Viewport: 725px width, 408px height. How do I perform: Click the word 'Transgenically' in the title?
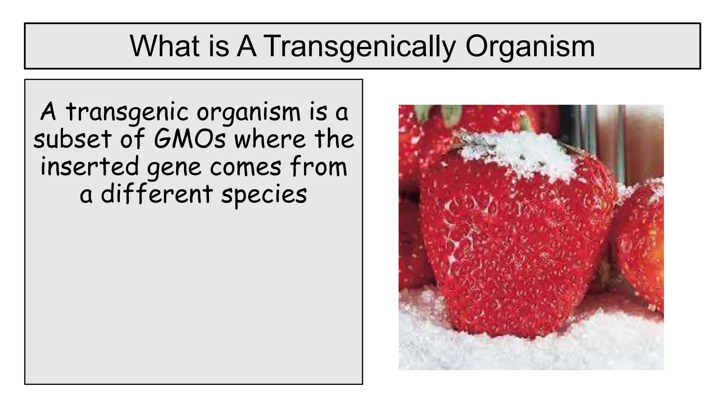[x=359, y=46]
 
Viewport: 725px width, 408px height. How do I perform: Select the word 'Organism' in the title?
[x=530, y=46]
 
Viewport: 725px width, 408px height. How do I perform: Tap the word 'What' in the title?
[x=165, y=46]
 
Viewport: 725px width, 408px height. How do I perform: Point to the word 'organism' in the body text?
[x=249, y=112]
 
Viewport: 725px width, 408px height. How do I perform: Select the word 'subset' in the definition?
[x=73, y=139]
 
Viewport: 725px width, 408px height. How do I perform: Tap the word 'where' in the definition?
[x=270, y=139]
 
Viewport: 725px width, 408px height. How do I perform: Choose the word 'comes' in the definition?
[x=246, y=167]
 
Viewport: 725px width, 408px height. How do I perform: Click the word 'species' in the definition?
[x=264, y=195]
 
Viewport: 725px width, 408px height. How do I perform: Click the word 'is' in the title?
[x=219, y=46]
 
